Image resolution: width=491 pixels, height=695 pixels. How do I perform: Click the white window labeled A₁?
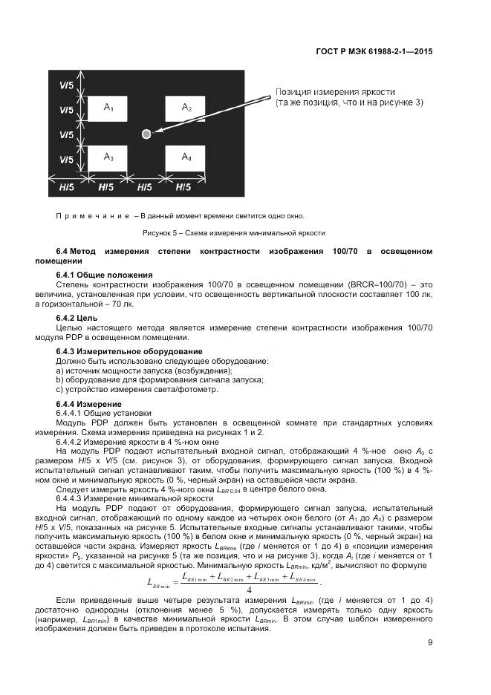108,109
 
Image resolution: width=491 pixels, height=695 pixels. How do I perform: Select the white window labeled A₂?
186,109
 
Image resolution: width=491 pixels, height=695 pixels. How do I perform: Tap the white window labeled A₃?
108,158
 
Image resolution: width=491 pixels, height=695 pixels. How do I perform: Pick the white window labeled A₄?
186,158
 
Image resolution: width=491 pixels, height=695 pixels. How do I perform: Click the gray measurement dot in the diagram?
146,134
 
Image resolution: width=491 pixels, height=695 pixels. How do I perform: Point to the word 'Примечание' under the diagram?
87,216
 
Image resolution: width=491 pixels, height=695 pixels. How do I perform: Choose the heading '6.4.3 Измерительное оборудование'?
129,350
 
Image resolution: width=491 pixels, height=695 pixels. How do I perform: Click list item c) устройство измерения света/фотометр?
137,388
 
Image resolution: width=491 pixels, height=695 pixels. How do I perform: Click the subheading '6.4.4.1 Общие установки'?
103,412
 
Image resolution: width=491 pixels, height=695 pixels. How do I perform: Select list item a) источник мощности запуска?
144,370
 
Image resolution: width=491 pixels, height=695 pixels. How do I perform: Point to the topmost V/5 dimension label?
66,85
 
